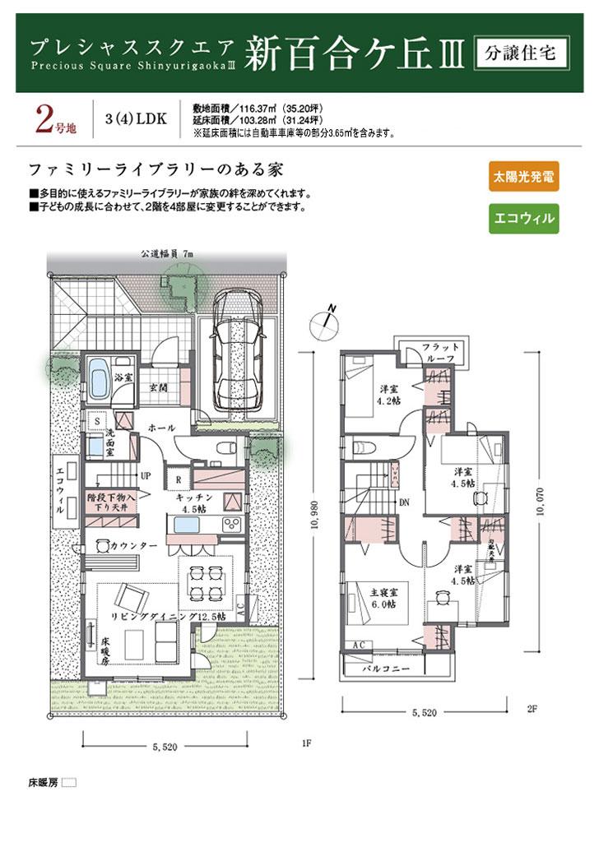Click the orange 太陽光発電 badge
[522, 176]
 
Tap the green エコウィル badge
[522, 219]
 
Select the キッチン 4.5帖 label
[195, 503]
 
